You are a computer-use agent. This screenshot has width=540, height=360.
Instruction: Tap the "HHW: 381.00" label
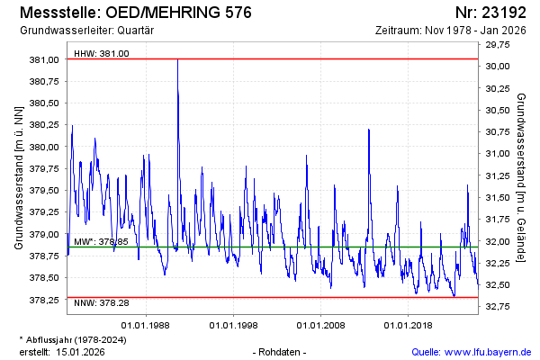tap(102, 53)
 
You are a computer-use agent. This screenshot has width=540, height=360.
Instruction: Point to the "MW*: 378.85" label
tap(101, 241)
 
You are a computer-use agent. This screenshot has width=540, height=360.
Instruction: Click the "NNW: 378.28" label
tap(102, 303)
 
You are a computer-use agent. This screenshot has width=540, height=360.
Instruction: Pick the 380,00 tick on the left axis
tap(44, 147)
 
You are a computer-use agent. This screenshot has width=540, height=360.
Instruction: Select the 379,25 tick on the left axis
tap(44, 212)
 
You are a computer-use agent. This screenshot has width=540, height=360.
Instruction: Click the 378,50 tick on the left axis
tap(44, 278)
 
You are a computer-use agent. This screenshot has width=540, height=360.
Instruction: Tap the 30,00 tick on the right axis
tap(497, 67)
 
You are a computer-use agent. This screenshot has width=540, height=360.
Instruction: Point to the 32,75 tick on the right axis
tap(497, 307)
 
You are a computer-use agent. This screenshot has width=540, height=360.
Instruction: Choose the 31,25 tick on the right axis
tap(497, 175)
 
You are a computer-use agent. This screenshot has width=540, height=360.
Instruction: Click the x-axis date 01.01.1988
tap(147, 323)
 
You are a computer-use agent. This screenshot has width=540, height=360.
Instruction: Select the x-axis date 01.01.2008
tap(321, 323)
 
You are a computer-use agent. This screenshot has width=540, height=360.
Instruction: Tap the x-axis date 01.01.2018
tap(409, 323)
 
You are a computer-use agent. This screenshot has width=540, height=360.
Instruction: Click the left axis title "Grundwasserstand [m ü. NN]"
tap(18, 176)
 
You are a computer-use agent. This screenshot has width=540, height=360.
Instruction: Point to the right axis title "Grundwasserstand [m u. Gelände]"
tap(522, 176)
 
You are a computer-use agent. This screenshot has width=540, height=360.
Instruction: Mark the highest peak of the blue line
tap(177, 60)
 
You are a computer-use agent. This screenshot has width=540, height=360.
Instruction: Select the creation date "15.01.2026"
tap(81, 351)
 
